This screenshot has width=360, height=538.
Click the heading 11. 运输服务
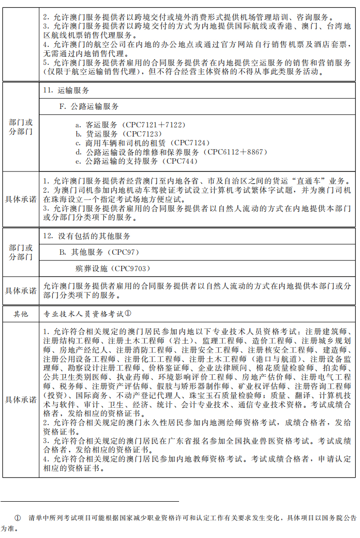click(x=66, y=91)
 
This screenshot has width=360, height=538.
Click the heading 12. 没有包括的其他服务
click(x=87, y=236)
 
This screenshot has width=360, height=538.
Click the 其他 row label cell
click(x=21, y=314)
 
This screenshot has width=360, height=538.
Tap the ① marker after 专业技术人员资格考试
click(x=128, y=313)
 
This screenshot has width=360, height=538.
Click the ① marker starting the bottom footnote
click(x=18, y=518)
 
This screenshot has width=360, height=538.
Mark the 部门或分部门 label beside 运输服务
click(x=21, y=127)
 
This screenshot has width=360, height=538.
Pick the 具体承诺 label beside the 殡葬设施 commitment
click(x=21, y=291)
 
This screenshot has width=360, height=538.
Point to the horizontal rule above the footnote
click(x=90, y=502)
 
